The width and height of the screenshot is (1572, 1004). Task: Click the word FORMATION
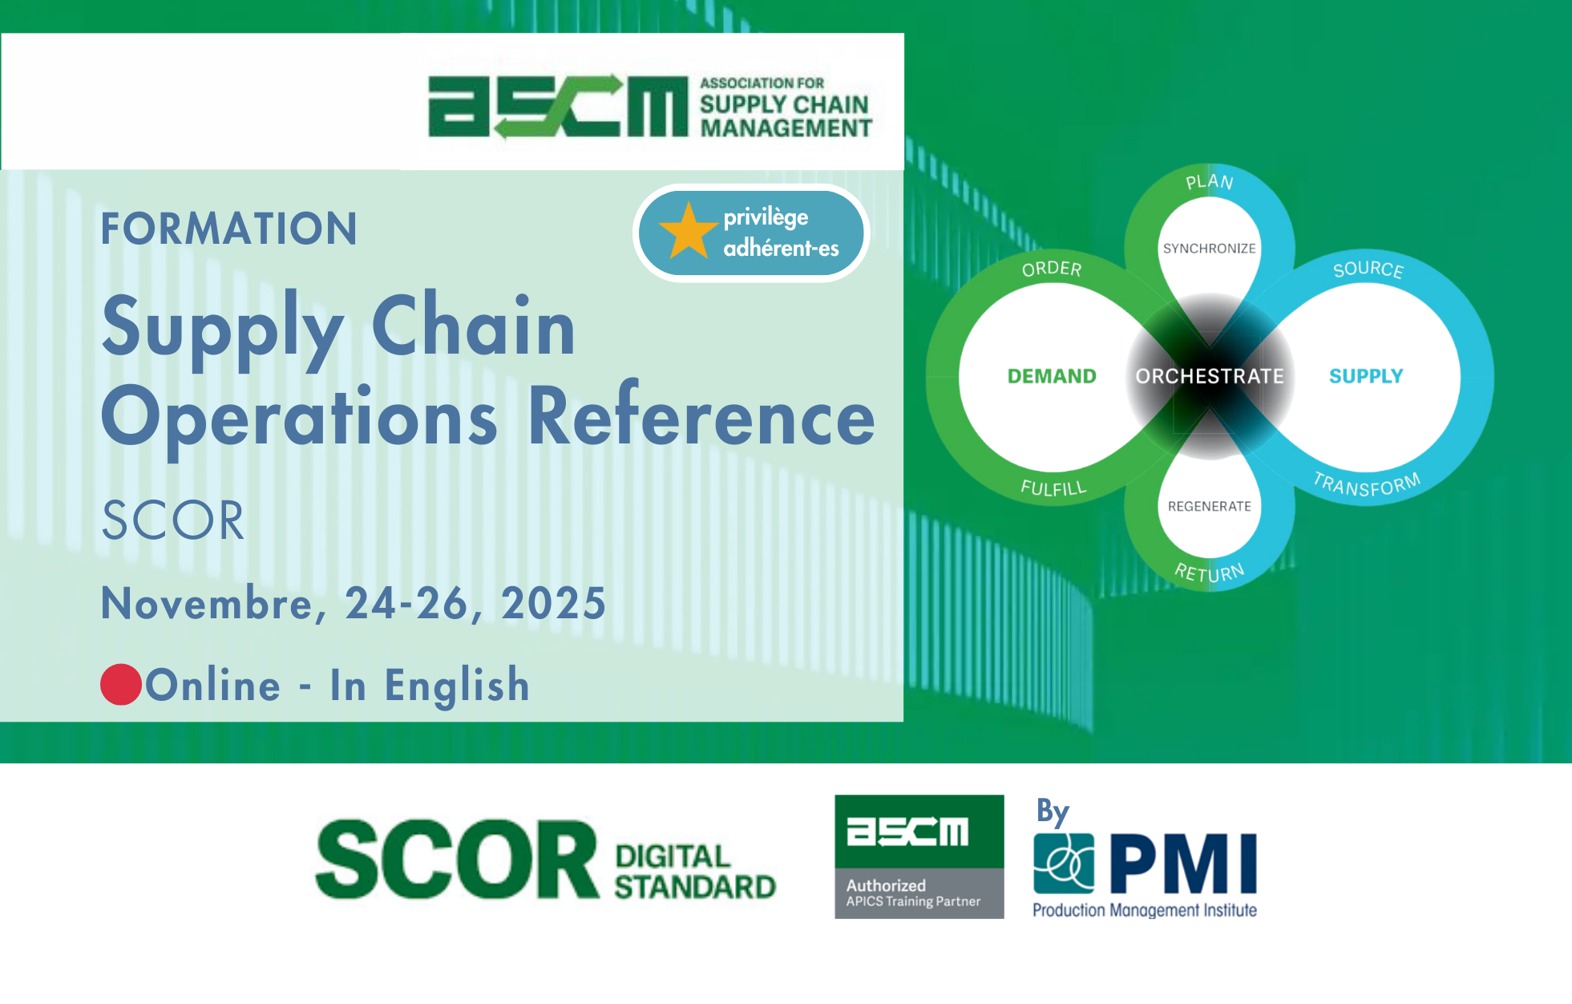pos(228,229)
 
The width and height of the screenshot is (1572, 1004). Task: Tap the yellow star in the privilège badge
pos(688,231)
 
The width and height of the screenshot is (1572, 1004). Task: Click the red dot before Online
pos(121,685)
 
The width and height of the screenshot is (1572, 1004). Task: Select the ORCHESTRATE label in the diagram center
pos(1210,376)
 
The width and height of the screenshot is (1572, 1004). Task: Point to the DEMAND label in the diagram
pos(1052,376)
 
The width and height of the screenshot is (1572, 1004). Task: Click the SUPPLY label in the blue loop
pos(1366,376)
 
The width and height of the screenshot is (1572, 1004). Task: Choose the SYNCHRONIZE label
pos(1210,249)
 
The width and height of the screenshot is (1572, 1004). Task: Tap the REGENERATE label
pos(1210,506)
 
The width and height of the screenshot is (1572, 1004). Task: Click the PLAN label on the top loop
pos(1210,182)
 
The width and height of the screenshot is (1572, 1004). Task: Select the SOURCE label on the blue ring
pos(1368,269)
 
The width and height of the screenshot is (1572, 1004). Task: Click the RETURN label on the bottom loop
pos(1210,572)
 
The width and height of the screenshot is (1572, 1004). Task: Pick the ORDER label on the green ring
pos(1052,269)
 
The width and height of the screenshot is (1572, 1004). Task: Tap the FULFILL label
pos(1053,488)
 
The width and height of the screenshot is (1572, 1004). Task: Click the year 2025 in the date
pos(553,603)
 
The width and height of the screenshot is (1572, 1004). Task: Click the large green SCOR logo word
pos(457,860)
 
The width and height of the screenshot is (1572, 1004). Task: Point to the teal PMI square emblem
pos(1064,864)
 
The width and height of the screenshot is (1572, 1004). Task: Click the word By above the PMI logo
pos(1053,812)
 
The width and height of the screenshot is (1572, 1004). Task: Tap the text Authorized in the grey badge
pos(886,885)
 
